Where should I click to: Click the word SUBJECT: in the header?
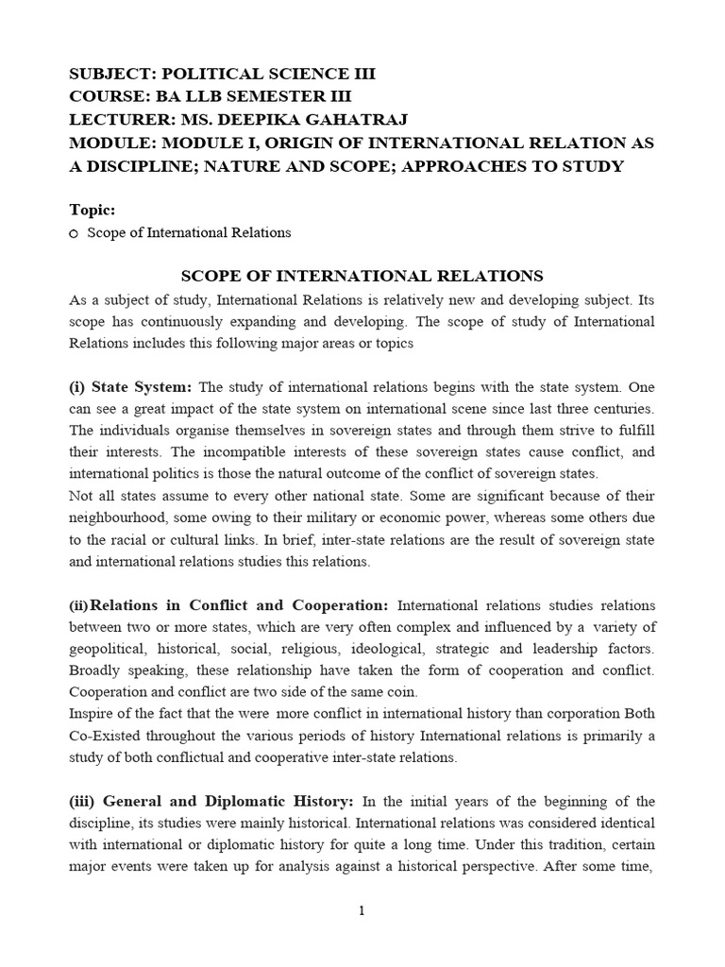(107, 75)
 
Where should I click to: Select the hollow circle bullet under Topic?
(75, 233)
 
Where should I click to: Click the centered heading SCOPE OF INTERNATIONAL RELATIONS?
(362, 276)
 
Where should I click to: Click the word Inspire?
(92, 713)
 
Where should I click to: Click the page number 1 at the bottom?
(362, 910)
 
